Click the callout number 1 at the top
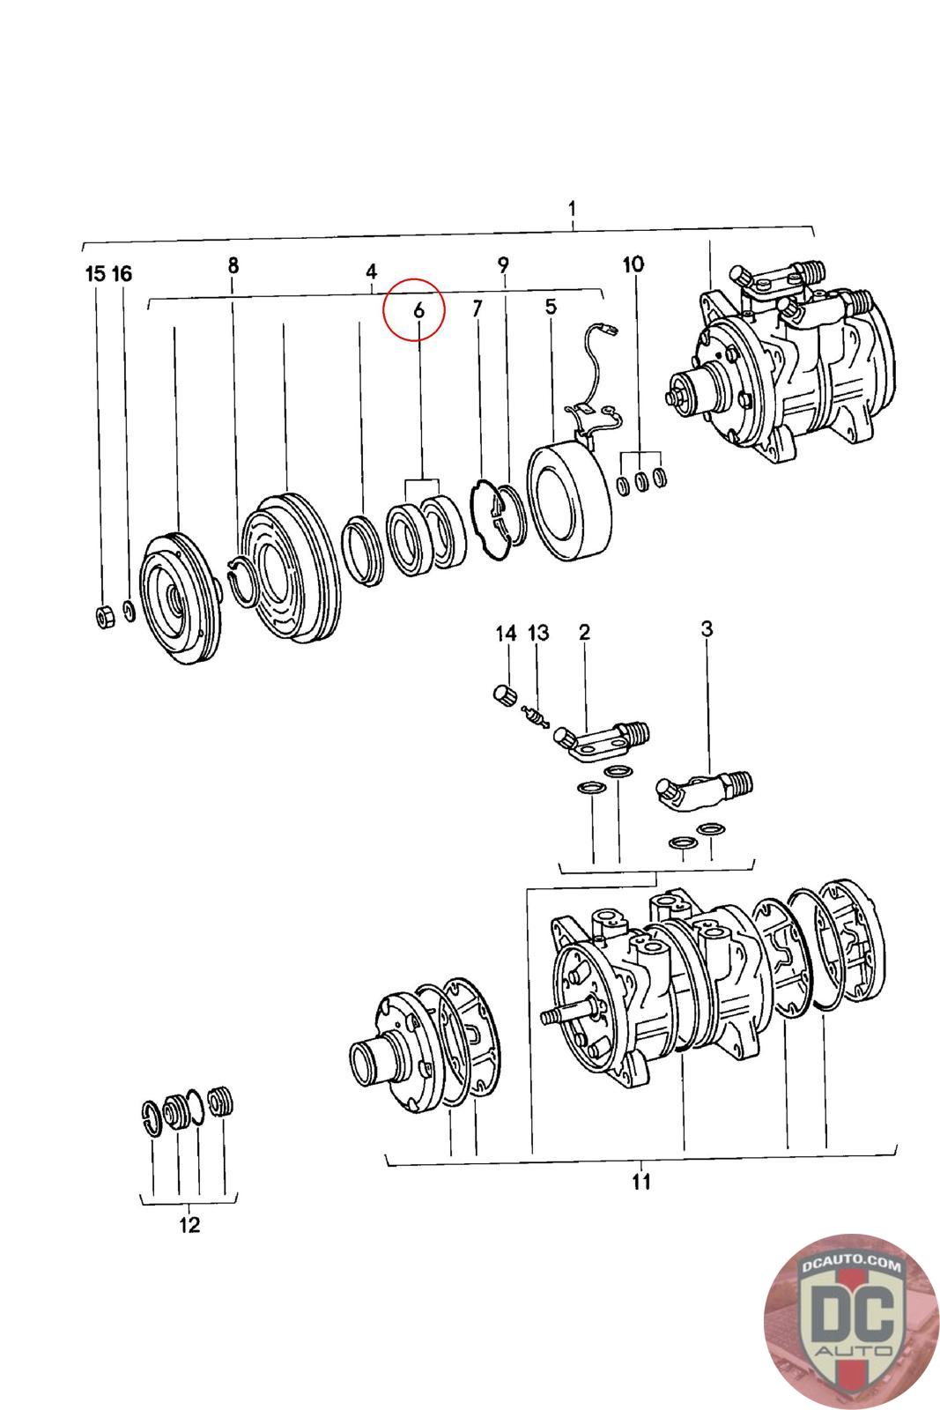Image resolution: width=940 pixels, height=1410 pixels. coord(573,210)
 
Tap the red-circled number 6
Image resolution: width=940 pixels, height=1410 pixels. coord(418,310)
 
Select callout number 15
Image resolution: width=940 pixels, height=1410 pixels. coord(95,273)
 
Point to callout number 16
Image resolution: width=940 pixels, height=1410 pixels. coord(122,273)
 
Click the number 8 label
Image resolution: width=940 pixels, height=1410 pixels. coord(233,265)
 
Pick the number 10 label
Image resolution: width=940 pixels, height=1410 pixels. coord(633,263)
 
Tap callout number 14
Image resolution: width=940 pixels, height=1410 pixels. coord(506,633)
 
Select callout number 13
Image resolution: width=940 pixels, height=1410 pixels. coord(537,633)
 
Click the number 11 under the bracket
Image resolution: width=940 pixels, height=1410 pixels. coord(641,1181)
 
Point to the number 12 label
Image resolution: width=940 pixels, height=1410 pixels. coord(189,1224)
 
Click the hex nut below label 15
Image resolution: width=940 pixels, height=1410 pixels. coord(102,617)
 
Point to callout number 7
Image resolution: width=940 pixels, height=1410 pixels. coord(477,308)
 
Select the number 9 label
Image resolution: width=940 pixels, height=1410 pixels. coord(503,263)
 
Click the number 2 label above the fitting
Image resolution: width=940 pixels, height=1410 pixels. coord(584,632)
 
